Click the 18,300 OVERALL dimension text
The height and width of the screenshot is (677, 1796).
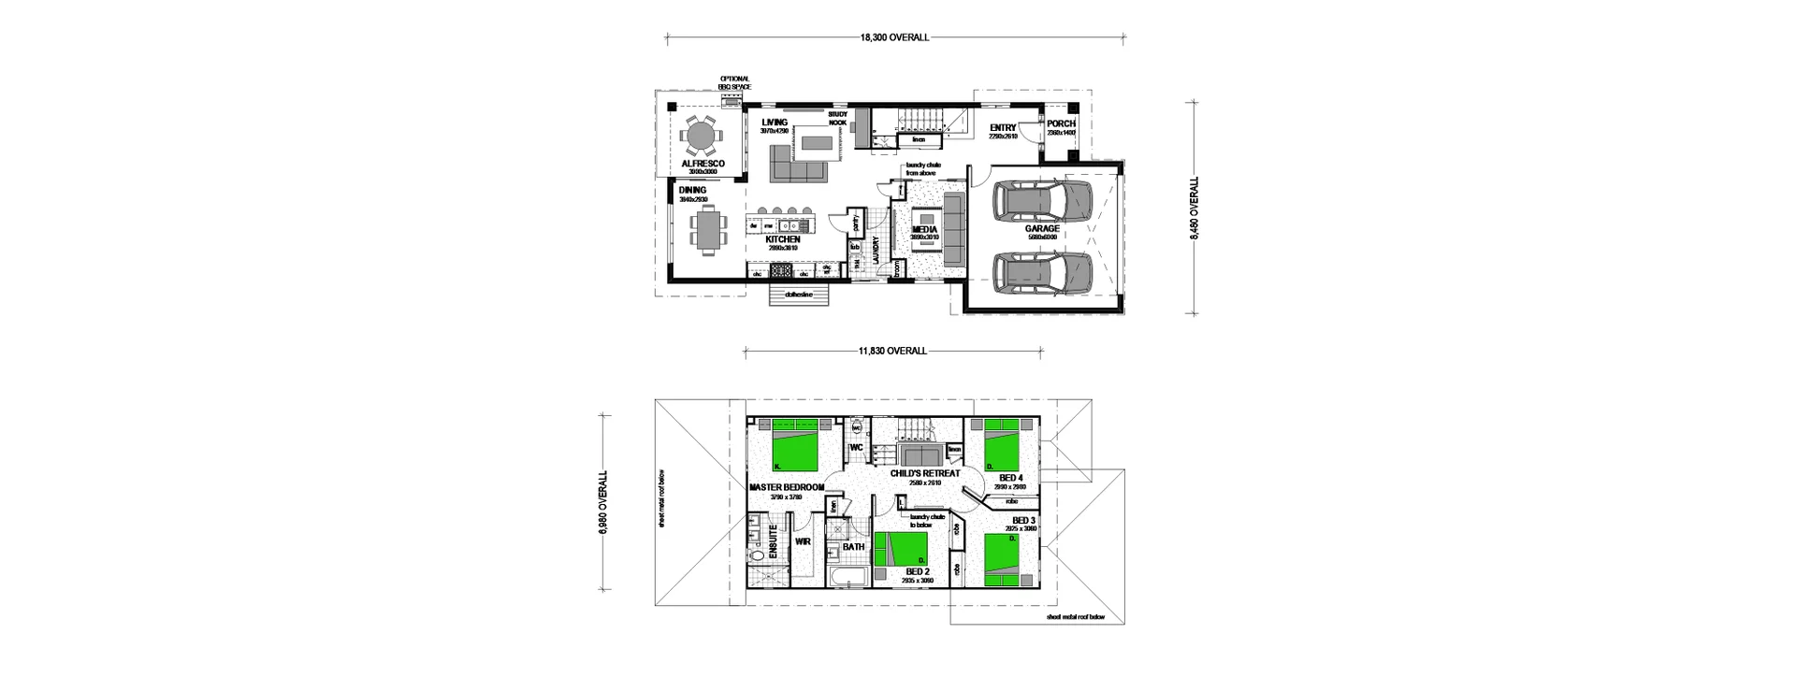tap(894, 38)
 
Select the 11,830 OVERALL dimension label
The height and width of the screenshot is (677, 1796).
tap(892, 352)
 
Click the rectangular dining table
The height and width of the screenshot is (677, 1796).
tap(707, 231)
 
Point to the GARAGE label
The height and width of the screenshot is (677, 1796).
tap(1042, 229)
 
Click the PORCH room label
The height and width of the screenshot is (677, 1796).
tap(1061, 124)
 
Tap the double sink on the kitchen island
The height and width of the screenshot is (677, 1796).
tap(137, 225)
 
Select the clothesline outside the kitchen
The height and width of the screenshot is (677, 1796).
tap(801, 295)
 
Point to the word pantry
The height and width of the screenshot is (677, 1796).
tap(857, 223)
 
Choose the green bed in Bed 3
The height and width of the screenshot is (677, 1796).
tap(1010, 558)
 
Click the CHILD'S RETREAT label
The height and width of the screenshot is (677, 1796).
tap(925, 473)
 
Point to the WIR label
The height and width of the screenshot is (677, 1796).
tap(802, 540)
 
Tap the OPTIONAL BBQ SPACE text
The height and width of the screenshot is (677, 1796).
tap(734, 83)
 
